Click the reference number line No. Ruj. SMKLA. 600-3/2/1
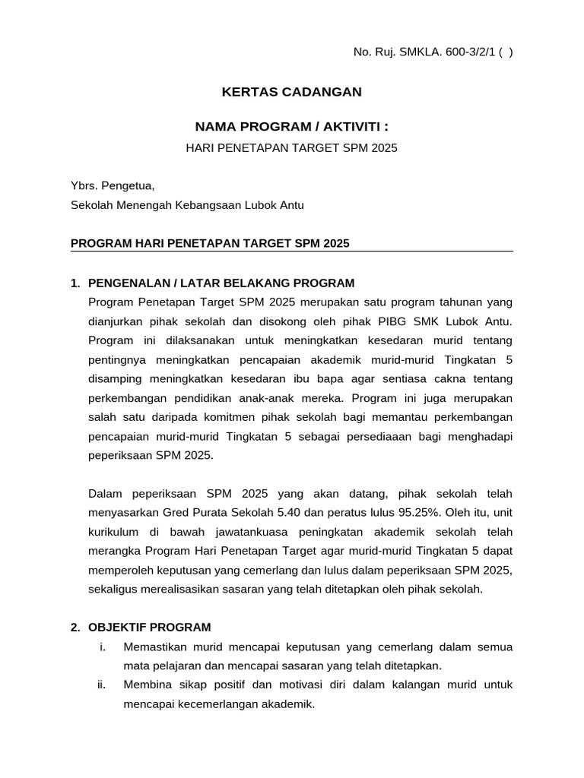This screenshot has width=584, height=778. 433,52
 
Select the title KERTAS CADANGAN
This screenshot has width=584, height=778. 291,92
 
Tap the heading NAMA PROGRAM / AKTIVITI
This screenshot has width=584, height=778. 291,126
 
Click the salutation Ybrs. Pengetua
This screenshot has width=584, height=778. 113,185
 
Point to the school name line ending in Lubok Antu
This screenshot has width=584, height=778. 187,205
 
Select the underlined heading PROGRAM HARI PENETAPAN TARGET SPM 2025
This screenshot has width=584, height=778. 210,243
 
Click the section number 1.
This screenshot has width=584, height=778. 75,283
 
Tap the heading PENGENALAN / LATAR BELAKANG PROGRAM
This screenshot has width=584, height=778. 221,283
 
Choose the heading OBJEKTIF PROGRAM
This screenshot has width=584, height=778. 150,628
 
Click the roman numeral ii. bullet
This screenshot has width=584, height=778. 102,685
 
